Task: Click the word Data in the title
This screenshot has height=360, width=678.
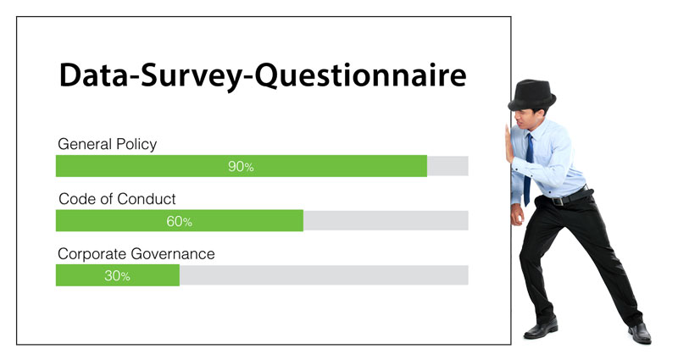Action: tap(93, 75)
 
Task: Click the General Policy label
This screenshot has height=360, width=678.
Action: tap(108, 144)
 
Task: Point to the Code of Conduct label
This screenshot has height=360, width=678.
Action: tap(117, 199)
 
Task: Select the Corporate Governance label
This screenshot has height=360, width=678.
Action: tap(136, 253)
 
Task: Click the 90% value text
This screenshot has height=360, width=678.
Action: tap(241, 166)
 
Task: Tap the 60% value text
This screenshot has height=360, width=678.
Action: tap(179, 221)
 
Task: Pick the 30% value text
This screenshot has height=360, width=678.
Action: tap(117, 276)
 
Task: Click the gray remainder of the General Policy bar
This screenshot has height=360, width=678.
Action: tap(447, 166)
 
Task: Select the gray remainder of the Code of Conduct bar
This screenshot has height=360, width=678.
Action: tap(386, 221)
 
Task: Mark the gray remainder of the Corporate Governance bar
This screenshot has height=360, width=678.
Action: tap(324, 275)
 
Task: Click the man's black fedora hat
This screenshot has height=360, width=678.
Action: tap(532, 96)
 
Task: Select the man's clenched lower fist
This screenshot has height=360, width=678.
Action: tap(517, 215)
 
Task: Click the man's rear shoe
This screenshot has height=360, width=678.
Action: tap(641, 333)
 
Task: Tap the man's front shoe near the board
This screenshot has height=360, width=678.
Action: tap(541, 329)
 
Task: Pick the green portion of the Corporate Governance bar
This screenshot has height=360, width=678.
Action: tap(118, 275)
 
